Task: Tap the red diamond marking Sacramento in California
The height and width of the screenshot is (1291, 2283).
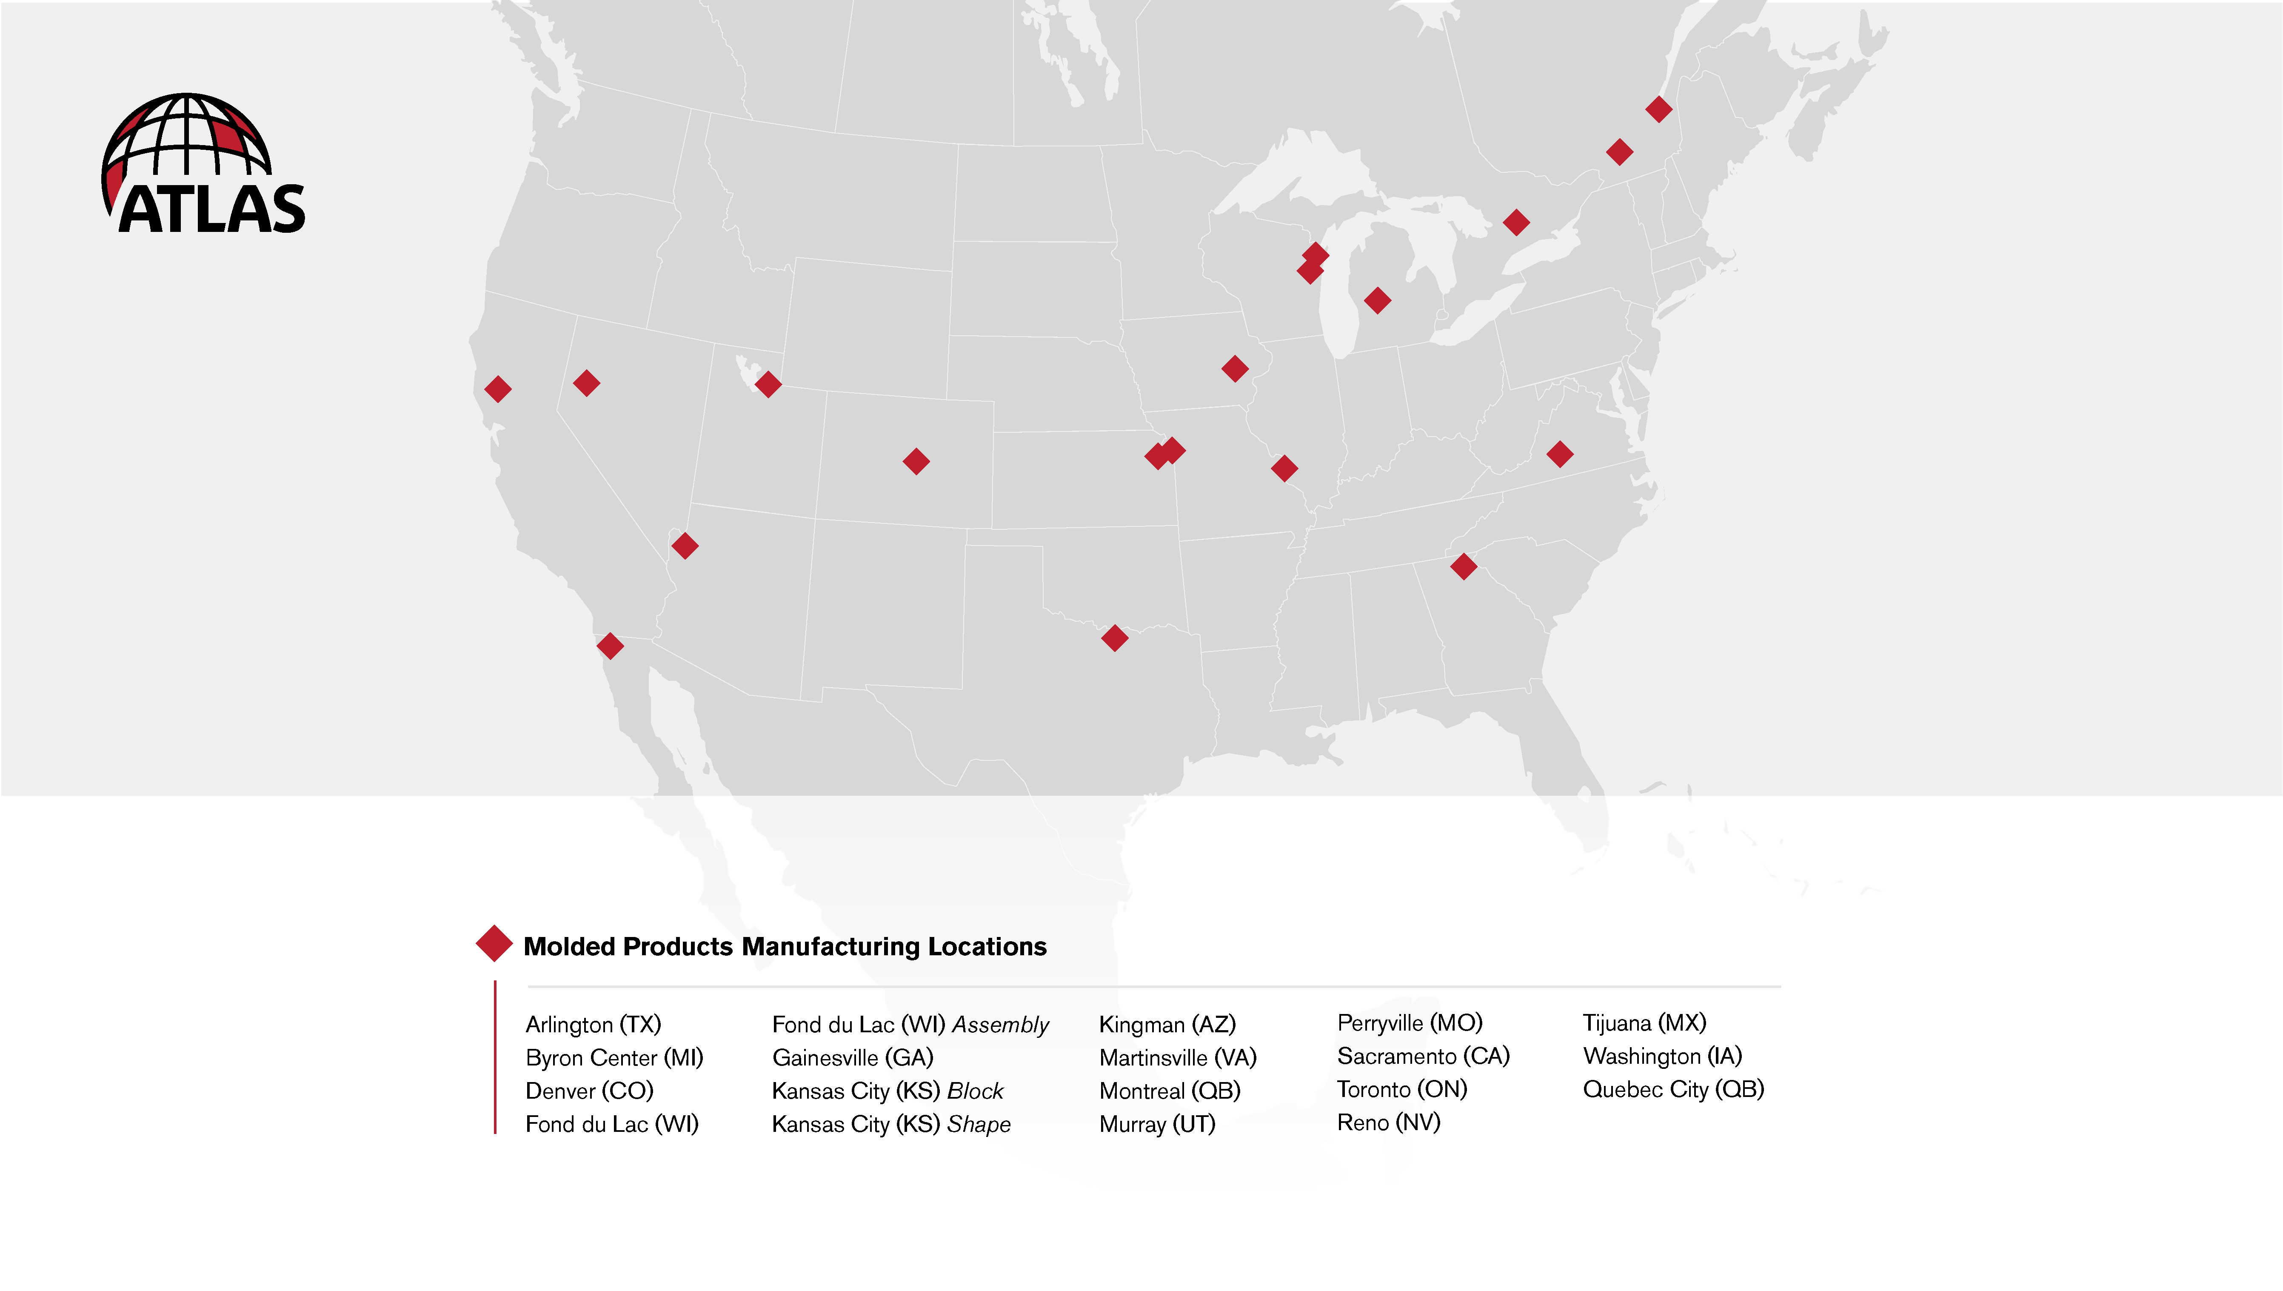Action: [x=497, y=388]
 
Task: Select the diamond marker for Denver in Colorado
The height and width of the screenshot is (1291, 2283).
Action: [x=916, y=461]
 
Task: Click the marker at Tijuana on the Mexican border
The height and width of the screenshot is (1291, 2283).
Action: [x=610, y=645]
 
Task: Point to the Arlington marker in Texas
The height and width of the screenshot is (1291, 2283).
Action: [x=1114, y=637]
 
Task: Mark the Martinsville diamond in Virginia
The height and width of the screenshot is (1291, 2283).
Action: [x=1560, y=454]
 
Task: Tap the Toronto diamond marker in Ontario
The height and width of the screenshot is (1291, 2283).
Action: [x=1516, y=222]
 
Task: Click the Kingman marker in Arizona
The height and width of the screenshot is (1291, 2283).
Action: [x=685, y=546]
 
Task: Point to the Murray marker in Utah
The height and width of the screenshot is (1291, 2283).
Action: [x=768, y=384]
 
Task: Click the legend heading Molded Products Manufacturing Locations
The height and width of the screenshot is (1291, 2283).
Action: [x=785, y=946]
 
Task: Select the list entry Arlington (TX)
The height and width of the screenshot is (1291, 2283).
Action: [x=593, y=1024]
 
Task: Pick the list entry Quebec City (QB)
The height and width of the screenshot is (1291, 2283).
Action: [x=1673, y=1089]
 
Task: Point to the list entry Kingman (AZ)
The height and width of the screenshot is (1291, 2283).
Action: [x=1167, y=1024]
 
